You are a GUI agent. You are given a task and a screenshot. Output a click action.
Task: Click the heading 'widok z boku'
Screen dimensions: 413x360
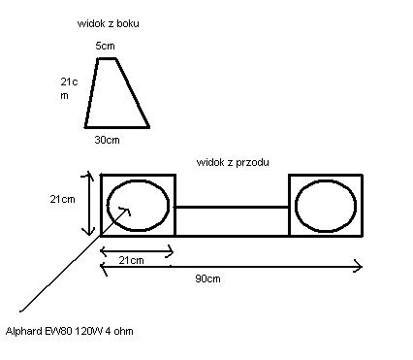click(109, 23)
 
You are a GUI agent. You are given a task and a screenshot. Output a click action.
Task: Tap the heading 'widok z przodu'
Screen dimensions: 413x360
click(233, 162)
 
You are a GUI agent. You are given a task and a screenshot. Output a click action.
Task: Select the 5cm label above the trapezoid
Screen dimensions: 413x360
click(105, 46)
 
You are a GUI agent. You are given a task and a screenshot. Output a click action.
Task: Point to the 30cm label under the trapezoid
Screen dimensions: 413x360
click(107, 140)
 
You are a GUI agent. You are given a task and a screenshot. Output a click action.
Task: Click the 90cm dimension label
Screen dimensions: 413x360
click(207, 278)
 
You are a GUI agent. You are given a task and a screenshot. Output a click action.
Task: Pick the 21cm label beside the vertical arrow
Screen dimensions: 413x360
click(62, 199)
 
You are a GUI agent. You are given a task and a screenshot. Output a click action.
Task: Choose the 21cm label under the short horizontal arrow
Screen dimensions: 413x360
click(131, 260)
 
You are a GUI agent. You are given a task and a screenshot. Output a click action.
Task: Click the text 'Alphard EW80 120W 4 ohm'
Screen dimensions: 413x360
click(70, 331)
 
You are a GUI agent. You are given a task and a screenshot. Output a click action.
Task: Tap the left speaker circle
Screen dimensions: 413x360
click(107, 205)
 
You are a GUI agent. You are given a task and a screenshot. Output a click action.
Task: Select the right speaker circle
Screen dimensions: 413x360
click(295, 206)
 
